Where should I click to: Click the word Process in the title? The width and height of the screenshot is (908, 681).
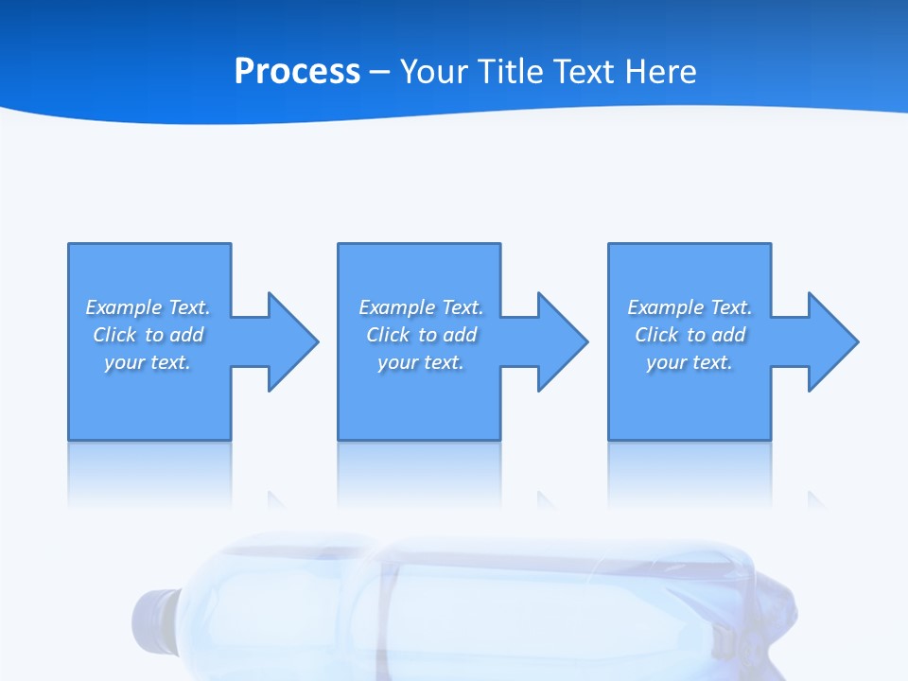[x=297, y=72]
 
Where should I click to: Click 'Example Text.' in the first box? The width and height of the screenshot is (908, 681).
[x=148, y=307]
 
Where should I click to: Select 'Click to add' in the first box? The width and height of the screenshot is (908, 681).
[x=148, y=335]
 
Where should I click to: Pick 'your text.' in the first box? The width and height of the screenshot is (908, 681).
[x=148, y=362]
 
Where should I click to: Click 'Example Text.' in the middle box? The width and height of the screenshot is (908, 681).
[x=421, y=307]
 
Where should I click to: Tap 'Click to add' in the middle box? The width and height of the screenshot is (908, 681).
[x=421, y=335]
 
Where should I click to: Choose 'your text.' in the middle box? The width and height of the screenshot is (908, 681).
[x=421, y=362]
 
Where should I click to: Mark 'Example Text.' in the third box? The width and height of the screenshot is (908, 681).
[x=690, y=307]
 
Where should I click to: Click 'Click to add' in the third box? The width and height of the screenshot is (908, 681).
[x=690, y=335]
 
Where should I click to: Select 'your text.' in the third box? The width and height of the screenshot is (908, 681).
[x=690, y=362]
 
